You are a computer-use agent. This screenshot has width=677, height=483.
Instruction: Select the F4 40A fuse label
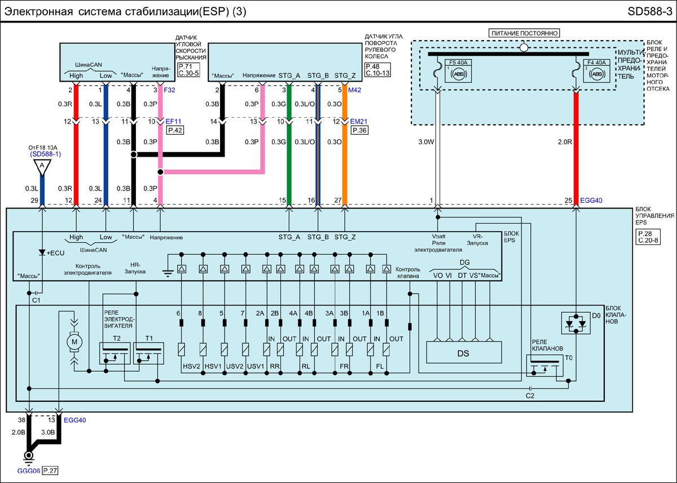[596, 63]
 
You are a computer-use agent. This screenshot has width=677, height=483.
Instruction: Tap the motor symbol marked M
[74, 342]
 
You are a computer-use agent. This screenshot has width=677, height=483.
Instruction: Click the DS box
[464, 354]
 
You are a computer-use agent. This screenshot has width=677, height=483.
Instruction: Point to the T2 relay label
[117, 338]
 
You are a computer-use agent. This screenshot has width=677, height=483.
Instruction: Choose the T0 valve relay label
[568, 357]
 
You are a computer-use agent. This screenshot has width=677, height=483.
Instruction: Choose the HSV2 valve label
[191, 366]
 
